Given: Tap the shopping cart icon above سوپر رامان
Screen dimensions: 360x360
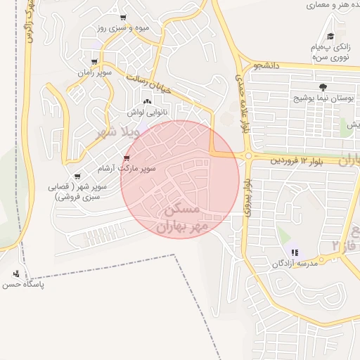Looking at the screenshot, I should click(x=94, y=61).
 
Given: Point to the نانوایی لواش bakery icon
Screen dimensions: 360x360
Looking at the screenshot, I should click(x=146, y=101).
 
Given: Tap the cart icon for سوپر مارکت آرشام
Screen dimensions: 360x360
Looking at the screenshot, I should click(x=127, y=157).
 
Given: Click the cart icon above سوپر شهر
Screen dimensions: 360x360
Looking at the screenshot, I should click(x=77, y=176).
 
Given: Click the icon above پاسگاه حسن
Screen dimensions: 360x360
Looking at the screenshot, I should click(x=16, y=274).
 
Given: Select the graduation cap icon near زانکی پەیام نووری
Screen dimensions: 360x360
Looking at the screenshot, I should click(x=330, y=37).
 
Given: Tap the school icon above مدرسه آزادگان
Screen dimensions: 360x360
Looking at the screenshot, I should click(x=294, y=252).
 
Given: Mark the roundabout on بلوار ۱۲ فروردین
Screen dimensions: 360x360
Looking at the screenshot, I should click(x=248, y=156).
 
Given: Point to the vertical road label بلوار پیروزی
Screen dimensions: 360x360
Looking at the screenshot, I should click(x=247, y=197).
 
